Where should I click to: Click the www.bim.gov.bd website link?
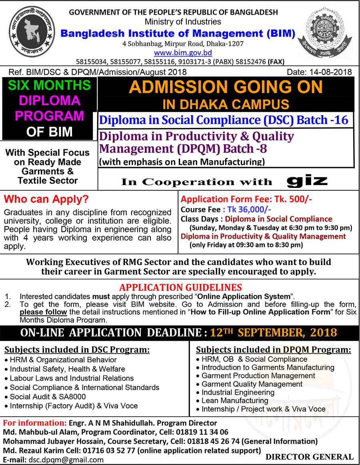click(183, 52)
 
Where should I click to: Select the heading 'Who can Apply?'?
click(46, 199)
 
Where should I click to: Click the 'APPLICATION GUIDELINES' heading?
click(180, 287)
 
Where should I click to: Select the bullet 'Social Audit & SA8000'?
click(48, 397)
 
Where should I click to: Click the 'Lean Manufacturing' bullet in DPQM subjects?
click(235, 400)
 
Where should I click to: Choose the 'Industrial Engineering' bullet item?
click(238, 392)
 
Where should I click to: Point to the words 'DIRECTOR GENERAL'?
click(310, 457)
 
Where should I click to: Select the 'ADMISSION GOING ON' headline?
click(226, 87)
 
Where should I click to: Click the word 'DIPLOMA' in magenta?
click(50, 100)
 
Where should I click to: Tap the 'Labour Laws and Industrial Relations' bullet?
click(72, 378)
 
